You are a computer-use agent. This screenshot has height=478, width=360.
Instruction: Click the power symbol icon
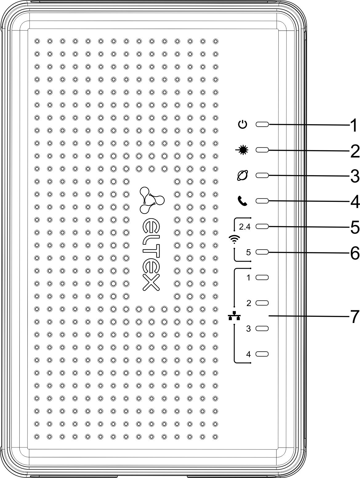(x=243, y=125)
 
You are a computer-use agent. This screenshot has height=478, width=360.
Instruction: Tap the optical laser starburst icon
(x=243, y=150)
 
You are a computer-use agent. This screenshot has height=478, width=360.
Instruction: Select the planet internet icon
(x=243, y=176)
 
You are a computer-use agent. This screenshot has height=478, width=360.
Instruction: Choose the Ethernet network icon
(x=235, y=316)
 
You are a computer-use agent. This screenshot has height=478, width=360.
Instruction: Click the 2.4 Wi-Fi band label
(x=245, y=227)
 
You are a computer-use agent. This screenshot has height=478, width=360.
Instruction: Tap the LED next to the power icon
(x=262, y=125)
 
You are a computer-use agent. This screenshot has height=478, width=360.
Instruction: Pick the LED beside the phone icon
(x=262, y=201)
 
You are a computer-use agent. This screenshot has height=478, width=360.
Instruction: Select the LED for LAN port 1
(x=262, y=277)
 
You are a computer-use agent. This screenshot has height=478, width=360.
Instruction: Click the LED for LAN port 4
(x=262, y=354)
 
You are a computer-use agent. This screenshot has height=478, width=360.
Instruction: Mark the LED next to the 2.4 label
(x=262, y=227)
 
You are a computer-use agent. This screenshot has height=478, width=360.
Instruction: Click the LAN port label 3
(x=248, y=329)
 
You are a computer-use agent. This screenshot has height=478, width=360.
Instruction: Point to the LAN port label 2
(x=249, y=303)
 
